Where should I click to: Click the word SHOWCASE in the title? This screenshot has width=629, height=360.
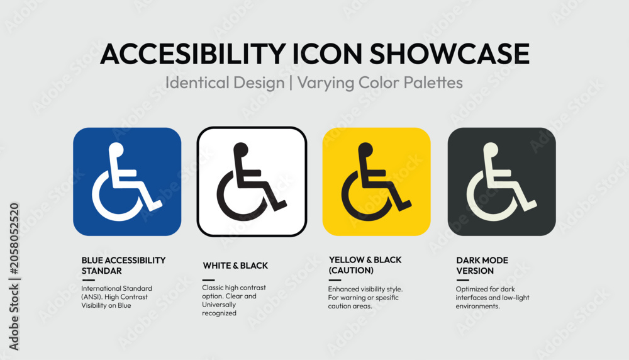[x=449, y=53]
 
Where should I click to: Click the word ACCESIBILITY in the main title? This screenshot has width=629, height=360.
[x=192, y=53]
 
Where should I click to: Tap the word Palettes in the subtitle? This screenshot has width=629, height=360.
[x=433, y=82]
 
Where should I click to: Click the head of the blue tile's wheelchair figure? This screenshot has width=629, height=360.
[x=116, y=149]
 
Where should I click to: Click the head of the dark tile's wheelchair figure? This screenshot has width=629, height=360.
[x=491, y=149]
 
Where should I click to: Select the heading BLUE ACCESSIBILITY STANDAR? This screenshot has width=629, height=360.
[x=123, y=266]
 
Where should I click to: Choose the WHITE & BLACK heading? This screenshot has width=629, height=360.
[x=235, y=266]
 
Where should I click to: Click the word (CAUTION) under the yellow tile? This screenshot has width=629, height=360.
[x=351, y=271]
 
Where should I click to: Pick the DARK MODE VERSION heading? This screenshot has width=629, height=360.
[x=482, y=266]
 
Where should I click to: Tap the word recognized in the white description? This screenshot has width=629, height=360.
[x=219, y=313]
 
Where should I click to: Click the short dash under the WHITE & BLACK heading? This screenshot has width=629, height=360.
[x=209, y=279]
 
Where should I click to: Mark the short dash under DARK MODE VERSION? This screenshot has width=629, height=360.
[x=462, y=280]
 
